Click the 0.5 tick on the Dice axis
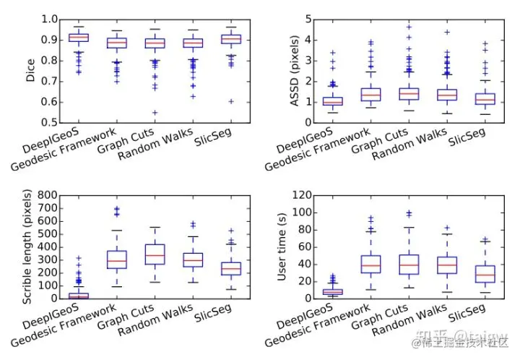point(48,122)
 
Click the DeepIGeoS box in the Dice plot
point(78,38)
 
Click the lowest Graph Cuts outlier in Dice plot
point(155,113)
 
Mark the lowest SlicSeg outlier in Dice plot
point(230,101)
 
